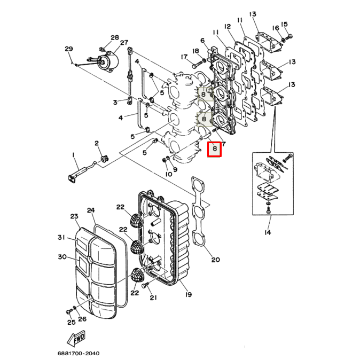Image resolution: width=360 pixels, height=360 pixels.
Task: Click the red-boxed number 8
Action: click(x=214, y=150)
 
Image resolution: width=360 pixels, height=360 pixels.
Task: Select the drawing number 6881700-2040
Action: click(x=78, y=353)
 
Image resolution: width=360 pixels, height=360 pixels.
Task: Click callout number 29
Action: click(x=69, y=50)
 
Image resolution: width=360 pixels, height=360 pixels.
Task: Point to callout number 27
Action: click(x=124, y=43)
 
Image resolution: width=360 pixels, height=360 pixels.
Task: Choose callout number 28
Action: click(x=115, y=37)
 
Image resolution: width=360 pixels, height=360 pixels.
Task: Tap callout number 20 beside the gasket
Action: click(x=215, y=260)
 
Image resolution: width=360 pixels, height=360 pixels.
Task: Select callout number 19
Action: click(x=187, y=294)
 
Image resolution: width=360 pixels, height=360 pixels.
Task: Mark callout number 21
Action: click(x=153, y=298)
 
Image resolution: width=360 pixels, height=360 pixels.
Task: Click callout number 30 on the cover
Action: click(x=62, y=257)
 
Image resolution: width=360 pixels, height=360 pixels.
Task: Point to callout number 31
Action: click(x=61, y=237)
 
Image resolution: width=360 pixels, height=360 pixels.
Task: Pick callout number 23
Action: click(x=74, y=216)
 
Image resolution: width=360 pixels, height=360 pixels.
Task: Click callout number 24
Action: click(x=91, y=210)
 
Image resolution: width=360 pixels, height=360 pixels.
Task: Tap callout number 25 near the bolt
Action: click(x=71, y=322)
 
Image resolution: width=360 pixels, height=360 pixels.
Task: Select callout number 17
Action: click(x=184, y=57)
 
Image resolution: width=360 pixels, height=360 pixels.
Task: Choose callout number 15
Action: click(x=284, y=24)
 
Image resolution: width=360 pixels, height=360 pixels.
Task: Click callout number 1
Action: click(x=74, y=155)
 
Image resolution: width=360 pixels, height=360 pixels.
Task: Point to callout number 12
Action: click(x=227, y=26)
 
